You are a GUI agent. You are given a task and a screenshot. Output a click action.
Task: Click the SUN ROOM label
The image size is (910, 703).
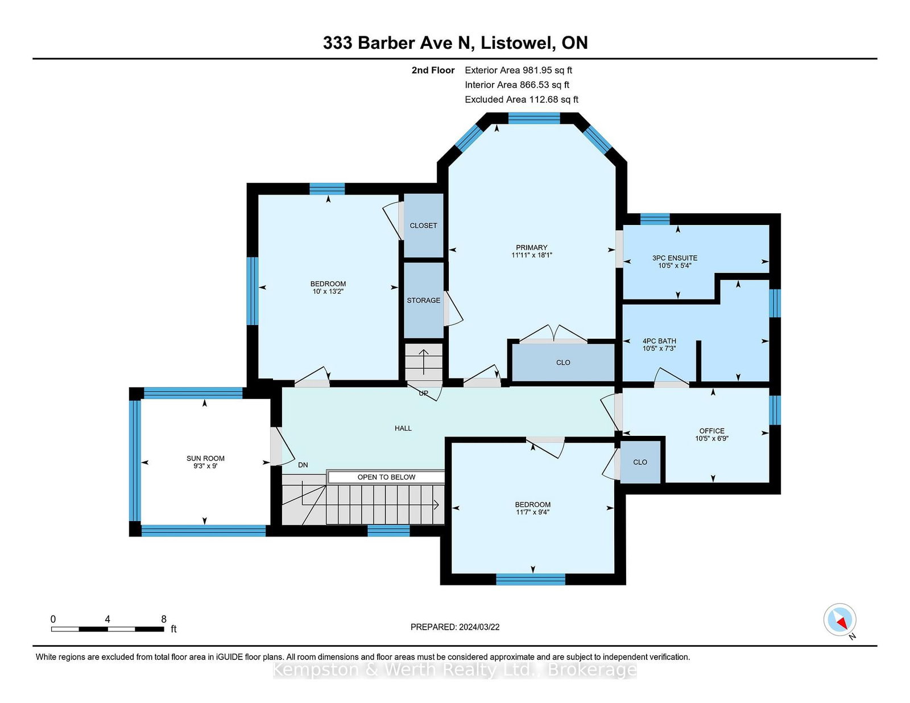pyautogui.click(x=205, y=458)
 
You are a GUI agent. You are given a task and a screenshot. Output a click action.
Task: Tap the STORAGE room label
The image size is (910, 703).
pyautogui.click(x=423, y=300)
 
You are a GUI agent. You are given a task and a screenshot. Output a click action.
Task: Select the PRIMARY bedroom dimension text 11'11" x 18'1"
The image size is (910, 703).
pyautogui.click(x=531, y=255)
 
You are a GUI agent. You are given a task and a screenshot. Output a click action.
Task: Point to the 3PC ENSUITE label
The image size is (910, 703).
pyautogui.click(x=675, y=258)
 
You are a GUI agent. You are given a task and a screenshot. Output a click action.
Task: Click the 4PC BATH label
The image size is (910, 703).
pyautogui.click(x=659, y=340)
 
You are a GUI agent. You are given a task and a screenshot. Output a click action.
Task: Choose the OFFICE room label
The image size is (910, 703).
pyautogui.click(x=712, y=431)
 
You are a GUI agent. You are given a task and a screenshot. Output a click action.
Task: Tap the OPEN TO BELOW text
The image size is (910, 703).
pyautogui.click(x=386, y=477)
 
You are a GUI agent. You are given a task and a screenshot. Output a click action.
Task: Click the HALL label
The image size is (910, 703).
pyautogui.click(x=403, y=428)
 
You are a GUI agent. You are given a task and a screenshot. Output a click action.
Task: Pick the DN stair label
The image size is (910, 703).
pyautogui.click(x=303, y=465)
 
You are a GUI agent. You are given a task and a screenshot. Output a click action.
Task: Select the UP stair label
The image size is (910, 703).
pyautogui.click(x=423, y=393)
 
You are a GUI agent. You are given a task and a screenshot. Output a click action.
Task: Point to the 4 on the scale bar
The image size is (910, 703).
pyautogui.click(x=107, y=619)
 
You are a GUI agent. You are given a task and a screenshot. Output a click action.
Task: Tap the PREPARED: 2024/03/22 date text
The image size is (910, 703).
pyautogui.click(x=455, y=627)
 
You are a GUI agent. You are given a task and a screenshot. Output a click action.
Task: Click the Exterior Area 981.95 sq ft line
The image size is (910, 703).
pyautogui.click(x=518, y=70)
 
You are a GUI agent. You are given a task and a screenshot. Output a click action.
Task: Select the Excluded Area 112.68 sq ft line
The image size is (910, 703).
pyautogui.click(x=522, y=99)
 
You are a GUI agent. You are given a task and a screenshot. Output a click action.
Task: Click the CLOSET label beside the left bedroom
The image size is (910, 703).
pyautogui.click(x=423, y=226)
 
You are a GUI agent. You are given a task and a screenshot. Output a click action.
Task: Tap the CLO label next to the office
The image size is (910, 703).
pyautogui.click(x=640, y=462)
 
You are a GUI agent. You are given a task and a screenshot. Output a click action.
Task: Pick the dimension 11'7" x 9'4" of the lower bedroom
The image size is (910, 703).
pyautogui.click(x=532, y=512)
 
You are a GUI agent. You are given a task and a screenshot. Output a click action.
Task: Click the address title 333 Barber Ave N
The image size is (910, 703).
pyautogui.click(x=399, y=43)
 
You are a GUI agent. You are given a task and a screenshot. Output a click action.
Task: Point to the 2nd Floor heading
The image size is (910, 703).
pyautogui.click(x=433, y=70)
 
